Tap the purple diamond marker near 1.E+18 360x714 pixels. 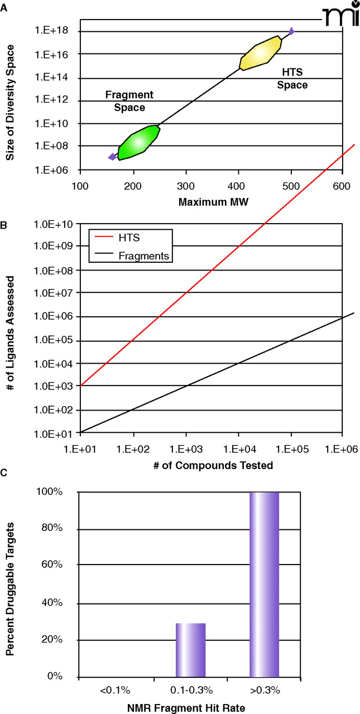291,31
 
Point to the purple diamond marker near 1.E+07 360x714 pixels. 112,157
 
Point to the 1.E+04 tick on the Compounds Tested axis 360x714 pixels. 238,447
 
